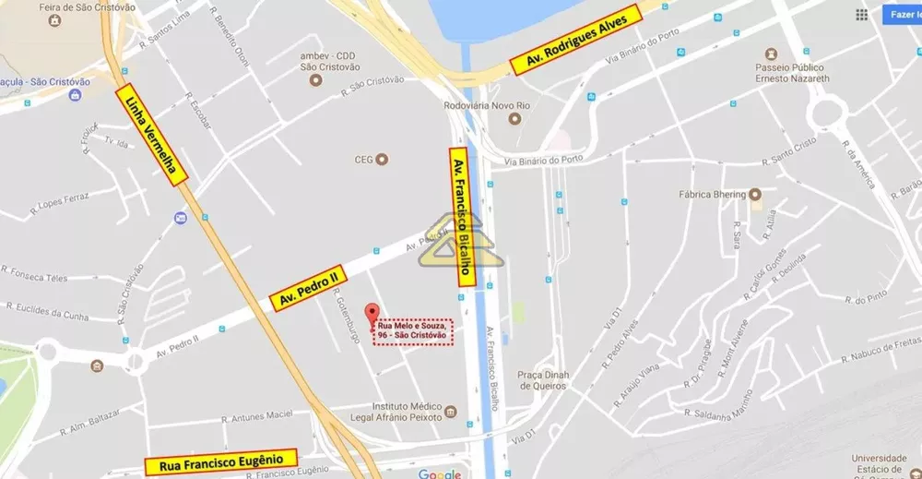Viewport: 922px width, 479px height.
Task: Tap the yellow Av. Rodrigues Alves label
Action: [x=576, y=41]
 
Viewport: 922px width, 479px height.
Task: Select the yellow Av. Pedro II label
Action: [x=310, y=286]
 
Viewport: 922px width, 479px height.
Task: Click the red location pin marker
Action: [x=372, y=313]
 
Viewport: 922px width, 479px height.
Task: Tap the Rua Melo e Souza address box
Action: [x=413, y=330]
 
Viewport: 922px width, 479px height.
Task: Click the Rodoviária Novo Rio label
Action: [x=487, y=106]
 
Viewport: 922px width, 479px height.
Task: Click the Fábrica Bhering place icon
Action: [x=755, y=194]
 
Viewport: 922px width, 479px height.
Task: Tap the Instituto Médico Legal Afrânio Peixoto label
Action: [x=408, y=413]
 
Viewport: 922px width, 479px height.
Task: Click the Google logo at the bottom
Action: [x=440, y=474]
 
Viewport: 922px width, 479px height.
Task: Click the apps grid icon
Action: [x=861, y=15]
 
